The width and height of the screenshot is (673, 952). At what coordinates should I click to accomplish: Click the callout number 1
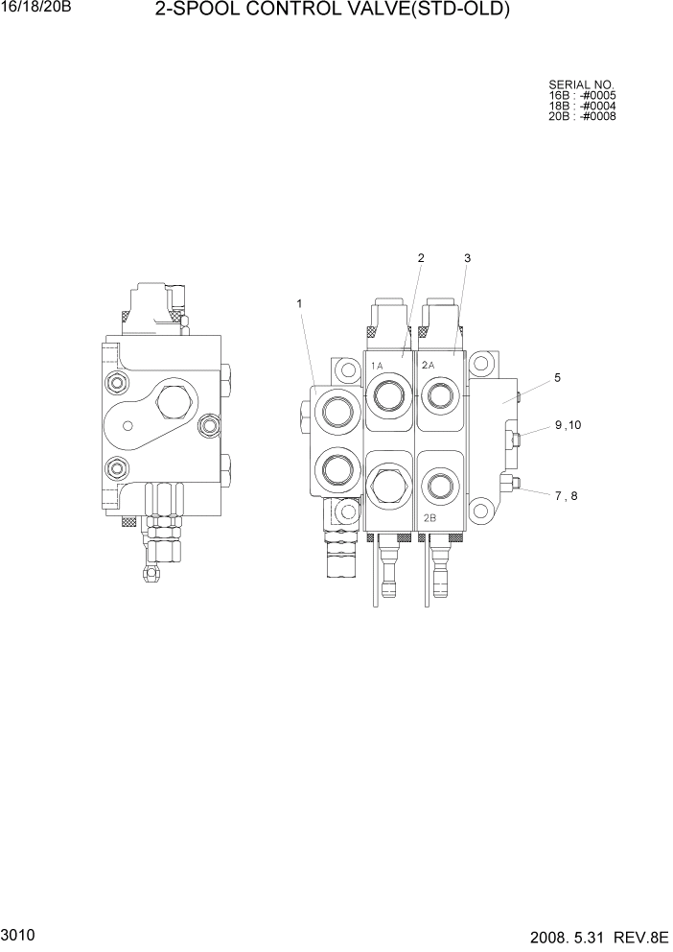[299, 304]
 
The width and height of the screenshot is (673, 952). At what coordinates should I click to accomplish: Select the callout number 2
[420, 258]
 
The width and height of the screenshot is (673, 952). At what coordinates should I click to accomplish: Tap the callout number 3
[467, 258]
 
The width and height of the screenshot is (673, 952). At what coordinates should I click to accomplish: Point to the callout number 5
[557, 379]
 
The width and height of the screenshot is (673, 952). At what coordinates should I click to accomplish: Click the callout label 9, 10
[568, 425]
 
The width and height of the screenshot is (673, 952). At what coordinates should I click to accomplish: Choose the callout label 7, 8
[567, 495]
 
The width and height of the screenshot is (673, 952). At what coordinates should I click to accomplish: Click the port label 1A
[377, 366]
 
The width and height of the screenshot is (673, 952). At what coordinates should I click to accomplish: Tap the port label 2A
[429, 366]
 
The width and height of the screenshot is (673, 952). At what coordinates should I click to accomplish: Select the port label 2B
[430, 517]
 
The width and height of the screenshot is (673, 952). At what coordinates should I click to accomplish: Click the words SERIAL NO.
[581, 84]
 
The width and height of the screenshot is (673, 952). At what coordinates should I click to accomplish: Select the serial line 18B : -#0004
[582, 106]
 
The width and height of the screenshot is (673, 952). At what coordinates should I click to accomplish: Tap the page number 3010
[17, 934]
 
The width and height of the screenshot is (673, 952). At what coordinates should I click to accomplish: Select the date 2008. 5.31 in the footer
[567, 937]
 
